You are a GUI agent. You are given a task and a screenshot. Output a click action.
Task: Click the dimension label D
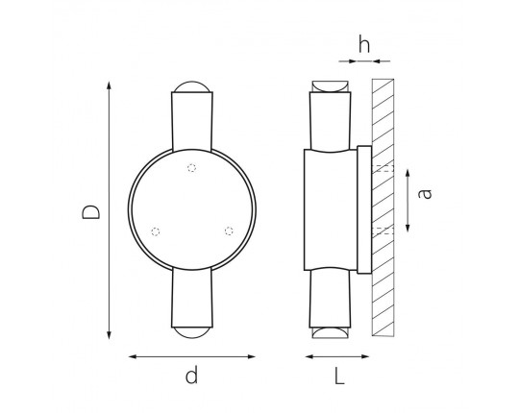pos(90,212)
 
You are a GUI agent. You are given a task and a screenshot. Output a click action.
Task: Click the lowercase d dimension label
pos(191,375)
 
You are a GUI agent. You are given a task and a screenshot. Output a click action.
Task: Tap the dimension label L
pos(339,376)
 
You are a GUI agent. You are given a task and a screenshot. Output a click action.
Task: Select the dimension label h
pos(364,44)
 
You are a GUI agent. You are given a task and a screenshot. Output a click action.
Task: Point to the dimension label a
pos(425,194)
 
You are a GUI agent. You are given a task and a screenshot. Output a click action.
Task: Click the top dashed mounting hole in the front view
pos(191,168)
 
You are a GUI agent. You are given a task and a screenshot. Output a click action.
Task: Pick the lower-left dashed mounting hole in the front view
pos(156,231)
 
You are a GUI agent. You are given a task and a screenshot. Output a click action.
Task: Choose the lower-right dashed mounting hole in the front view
pos(229,231)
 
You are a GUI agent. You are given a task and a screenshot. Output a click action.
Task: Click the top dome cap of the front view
pos(192,86)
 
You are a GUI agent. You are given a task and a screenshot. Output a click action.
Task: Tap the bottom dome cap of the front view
pos(192,332)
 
